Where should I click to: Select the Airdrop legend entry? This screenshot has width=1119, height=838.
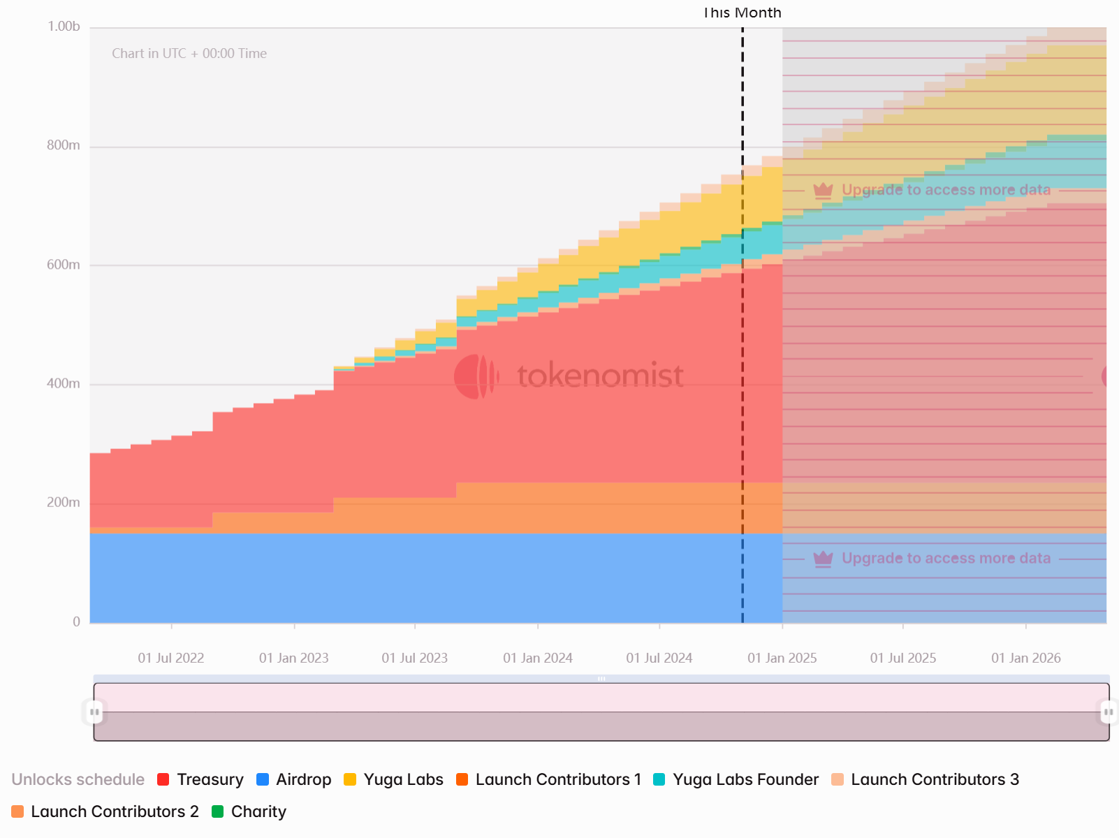294,779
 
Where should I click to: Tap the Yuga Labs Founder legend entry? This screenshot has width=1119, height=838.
736,779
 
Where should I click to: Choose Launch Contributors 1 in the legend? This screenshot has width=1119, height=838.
549,779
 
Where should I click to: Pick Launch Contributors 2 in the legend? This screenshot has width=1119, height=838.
105,811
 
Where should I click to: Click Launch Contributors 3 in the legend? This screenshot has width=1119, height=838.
926,779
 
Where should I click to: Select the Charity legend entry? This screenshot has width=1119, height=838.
249,811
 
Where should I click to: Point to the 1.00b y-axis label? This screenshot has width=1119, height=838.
64,27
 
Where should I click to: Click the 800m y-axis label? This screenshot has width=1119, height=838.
64,145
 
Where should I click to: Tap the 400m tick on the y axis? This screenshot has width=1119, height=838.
64,383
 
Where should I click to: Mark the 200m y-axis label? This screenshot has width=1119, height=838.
64,502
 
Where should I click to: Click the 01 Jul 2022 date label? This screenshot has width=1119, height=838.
171,658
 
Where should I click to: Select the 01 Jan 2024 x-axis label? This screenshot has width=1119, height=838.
538,658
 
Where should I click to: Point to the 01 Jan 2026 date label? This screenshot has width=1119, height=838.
1026,658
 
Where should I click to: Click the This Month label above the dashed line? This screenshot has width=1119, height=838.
742,13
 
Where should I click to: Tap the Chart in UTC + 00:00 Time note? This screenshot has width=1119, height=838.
189,54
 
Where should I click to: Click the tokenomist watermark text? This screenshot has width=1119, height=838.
600,376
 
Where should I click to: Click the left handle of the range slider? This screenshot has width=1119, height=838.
94,712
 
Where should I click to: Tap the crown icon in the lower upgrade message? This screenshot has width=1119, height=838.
824,558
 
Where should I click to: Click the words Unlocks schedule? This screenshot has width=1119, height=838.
78,779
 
